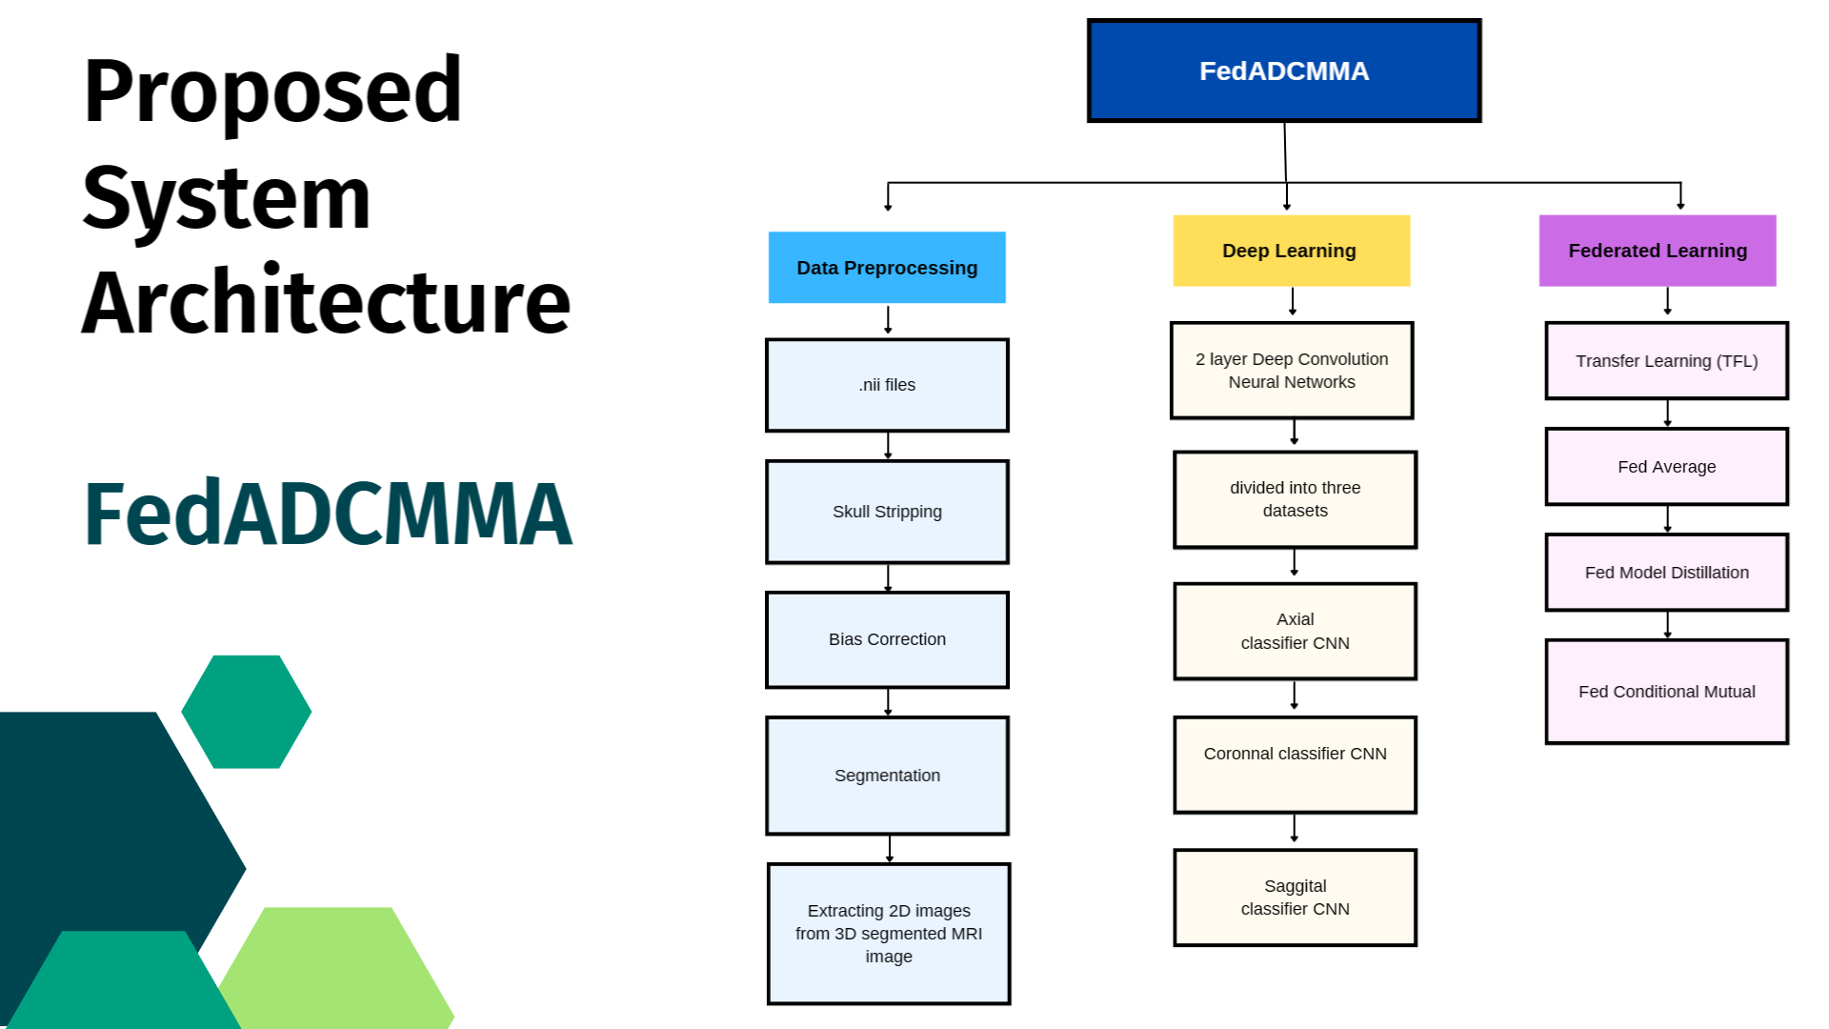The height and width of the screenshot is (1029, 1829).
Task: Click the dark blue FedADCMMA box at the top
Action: pyautogui.click(x=1284, y=71)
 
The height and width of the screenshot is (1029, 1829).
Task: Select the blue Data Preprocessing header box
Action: pyautogui.click(x=887, y=268)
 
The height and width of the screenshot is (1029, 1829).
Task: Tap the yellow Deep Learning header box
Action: pyautogui.click(x=1291, y=251)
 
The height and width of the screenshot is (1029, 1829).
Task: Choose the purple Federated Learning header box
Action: pyautogui.click(x=1658, y=251)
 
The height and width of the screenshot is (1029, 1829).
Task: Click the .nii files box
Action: pyautogui.click(x=887, y=385)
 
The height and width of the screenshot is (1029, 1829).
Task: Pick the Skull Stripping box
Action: pyautogui.click(x=887, y=512)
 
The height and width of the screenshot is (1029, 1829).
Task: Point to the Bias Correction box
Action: pyautogui.click(x=887, y=639)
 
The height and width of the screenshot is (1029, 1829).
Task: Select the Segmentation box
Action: pyautogui.click(x=887, y=776)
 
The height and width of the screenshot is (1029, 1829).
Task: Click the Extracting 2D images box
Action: pyautogui.click(x=889, y=934)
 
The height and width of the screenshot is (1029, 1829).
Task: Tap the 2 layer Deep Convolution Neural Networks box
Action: pyautogui.click(x=1292, y=371)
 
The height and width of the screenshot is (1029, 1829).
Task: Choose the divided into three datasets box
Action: pyautogui.click(x=1296, y=499)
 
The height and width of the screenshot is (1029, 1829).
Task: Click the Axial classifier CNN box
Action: pyautogui.click(x=1296, y=631)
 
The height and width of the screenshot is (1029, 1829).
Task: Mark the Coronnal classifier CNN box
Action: pyautogui.click(x=1296, y=765)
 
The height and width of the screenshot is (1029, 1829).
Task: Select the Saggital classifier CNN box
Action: pyautogui.click(x=1296, y=898)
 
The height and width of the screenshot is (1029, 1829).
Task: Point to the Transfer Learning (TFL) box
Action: pyautogui.click(x=1667, y=361)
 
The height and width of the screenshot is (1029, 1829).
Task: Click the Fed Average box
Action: pyautogui.click(x=1667, y=467)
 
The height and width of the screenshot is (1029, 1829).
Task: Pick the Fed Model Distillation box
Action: pyautogui.click(x=1667, y=573)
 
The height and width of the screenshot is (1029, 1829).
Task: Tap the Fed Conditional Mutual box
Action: pyautogui.click(x=1667, y=692)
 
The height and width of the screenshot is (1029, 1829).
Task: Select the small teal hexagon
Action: pyautogui.click(x=247, y=712)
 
